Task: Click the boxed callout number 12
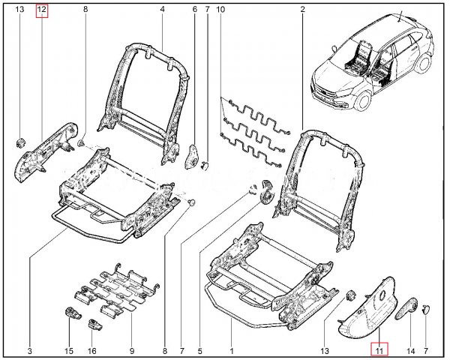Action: tap(41, 10)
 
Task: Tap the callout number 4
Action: tap(162, 10)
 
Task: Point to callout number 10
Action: tap(220, 10)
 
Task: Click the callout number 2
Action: tap(301, 10)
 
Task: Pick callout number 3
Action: tap(29, 350)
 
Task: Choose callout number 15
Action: tap(69, 350)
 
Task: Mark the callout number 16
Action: tap(92, 350)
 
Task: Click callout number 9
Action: tap(132, 350)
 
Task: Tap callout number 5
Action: tap(200, 350)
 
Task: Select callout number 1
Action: tap(231, 350)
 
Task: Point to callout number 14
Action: tap(410, 350)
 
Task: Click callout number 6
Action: tap(194, 10)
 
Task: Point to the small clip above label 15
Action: tap(73, 313)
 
